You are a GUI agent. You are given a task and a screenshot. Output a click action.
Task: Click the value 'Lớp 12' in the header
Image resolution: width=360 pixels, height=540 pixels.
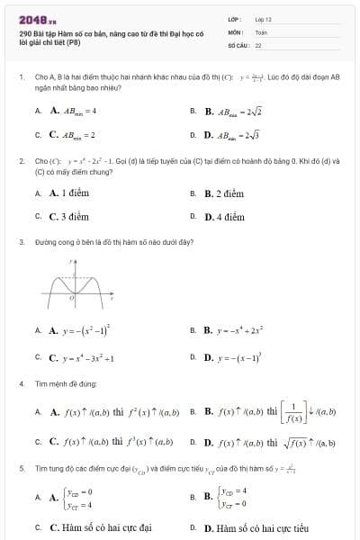point(263,19)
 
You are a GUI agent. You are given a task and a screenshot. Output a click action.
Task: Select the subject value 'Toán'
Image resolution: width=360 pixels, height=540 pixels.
point(261,31)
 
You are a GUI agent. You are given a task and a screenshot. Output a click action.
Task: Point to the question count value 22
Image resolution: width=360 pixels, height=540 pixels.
point(258,44)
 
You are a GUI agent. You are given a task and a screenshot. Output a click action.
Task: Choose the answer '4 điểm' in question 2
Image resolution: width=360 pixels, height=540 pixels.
point(225,217)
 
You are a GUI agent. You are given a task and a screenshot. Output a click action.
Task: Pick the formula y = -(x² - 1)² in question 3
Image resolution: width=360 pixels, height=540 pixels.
point(80,330)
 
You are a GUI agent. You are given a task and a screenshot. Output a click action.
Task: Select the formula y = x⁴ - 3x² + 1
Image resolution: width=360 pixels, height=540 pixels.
point(82,356)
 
